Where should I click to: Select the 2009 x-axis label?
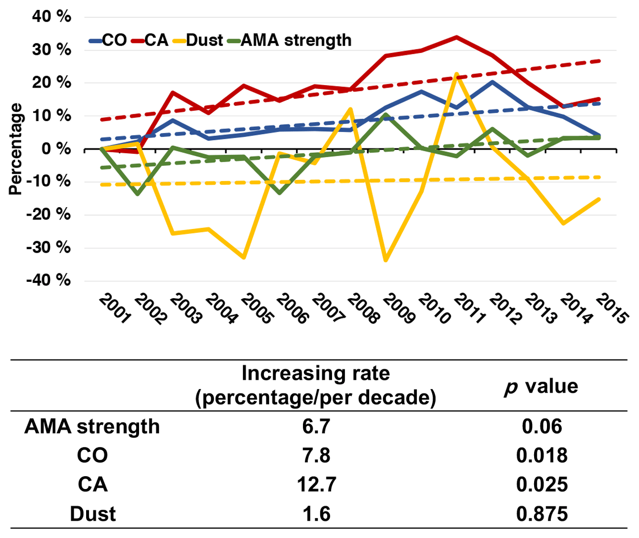(399, 309)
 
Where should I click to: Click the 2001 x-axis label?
(115, 309)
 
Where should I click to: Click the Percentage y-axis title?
(16, 149)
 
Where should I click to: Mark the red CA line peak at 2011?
(456, 37)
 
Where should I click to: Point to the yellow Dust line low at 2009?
(386, 260)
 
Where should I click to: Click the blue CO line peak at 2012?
(492, 82)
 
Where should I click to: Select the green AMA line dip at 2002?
(137, 194)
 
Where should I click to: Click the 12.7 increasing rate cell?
(316, 484)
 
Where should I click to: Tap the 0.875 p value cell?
(541, 514)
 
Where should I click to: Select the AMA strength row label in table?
(92, 426)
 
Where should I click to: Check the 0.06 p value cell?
(541, 426)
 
